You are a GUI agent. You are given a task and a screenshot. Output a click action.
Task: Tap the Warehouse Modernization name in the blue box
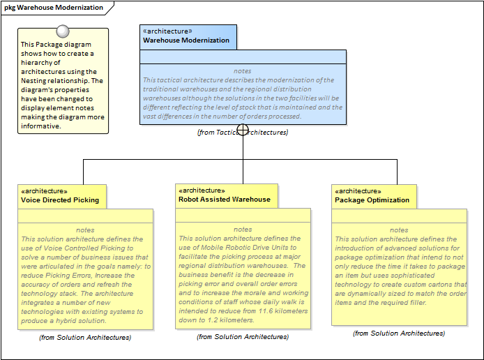[x=186, y=40]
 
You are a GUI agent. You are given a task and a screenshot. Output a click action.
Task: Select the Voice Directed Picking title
[x=60, y=200]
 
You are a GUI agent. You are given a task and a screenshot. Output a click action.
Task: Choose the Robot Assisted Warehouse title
[x=224, y=200]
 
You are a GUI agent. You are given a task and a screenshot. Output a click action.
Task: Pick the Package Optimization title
[x=372, y=200]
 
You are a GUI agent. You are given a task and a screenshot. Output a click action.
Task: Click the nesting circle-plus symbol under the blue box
[x=243, y=130]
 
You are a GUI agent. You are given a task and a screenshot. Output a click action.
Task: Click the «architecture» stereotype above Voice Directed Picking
[x=45, y=191]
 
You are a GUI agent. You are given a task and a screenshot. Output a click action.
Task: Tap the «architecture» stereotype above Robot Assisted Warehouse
[x=202, y=190]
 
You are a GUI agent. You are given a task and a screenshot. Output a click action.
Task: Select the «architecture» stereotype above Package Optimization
[x=358, y=191]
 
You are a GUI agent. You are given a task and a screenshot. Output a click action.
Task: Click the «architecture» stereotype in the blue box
[x=167, y=31]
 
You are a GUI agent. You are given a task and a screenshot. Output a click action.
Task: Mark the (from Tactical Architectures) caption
[x=243, y=133]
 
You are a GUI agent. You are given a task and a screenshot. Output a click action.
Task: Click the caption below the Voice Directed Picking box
[x=85, y=337]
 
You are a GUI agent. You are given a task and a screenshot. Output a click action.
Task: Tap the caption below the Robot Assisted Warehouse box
[x=243, y=336]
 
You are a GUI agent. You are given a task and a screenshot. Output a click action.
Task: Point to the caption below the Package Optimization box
[x=399, y=333]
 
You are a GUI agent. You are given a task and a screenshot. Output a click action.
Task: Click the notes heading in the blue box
[x=243, y=71]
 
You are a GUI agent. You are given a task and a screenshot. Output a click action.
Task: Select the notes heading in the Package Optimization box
[x=399, y=230]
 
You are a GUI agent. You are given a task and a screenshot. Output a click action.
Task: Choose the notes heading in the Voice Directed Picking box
[x=85, y=230]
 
